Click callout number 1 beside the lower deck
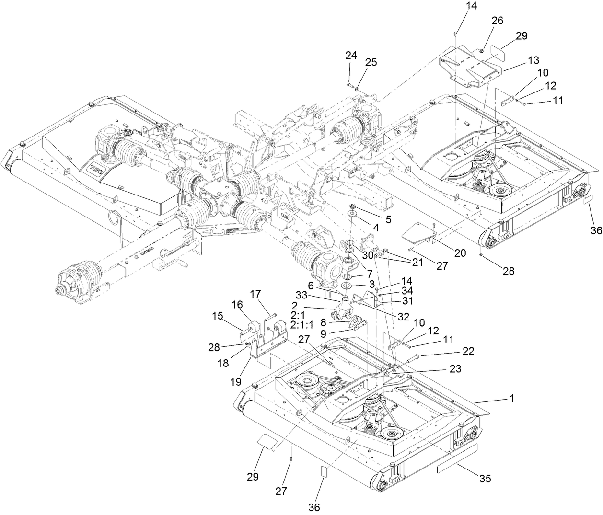click(x=512, y=398)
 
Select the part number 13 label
click(x=533, y=61)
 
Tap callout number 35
click(x=485, y=478)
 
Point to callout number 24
click(x=351, y=55)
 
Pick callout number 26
click(x=497, y=21)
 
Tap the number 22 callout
click(x=468, y=351)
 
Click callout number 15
click(x=218, y=316)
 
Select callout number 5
click(x=388, y=219)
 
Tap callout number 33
click(x=301, y=296)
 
